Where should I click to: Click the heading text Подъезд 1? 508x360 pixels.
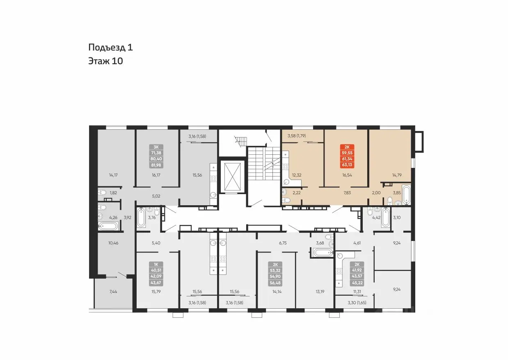tap(110, 47)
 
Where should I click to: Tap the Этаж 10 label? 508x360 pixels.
tap(105, 61)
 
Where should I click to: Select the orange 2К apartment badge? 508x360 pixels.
tap(347, 147)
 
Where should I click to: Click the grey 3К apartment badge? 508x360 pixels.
tap(156, 147)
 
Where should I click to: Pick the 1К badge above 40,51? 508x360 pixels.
tap(156, 264)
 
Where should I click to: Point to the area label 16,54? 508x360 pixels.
tap(347, 175)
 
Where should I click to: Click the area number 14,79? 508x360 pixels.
tap(397, 175)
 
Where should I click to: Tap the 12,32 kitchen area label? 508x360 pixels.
tap(297, 175)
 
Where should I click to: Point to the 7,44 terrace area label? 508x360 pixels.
tap(113, 292)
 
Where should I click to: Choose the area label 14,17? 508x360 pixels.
tap(113, 175)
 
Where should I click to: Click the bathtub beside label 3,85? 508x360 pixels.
tap(406, 195)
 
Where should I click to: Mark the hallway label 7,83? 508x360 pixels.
tap(347, 193)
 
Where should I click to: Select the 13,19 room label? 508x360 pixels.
tap(320, 292)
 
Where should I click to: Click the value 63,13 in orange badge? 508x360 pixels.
tap(347, 165)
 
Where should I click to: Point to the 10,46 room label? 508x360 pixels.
tap(113, 243)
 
